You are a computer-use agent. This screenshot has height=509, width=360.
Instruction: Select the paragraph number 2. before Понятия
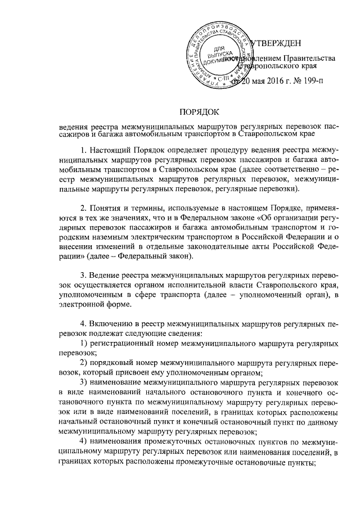84,212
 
